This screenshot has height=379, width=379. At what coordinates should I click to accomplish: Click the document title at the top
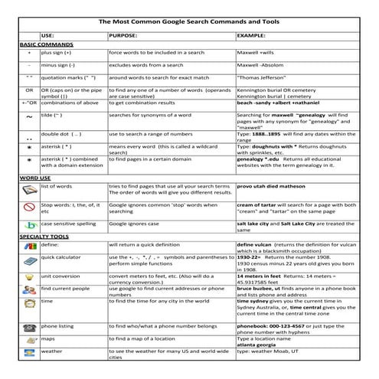188,22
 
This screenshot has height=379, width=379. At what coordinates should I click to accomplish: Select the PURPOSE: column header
123,36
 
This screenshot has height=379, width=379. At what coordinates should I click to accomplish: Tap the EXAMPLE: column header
252,36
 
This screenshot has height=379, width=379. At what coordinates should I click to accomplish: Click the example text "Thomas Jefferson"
262,78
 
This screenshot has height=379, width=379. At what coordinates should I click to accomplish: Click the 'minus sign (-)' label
61,66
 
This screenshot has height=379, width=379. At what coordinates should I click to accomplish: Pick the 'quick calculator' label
63,258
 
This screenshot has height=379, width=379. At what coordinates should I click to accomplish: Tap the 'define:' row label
51,245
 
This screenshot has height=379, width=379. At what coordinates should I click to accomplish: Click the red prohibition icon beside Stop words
29,209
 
